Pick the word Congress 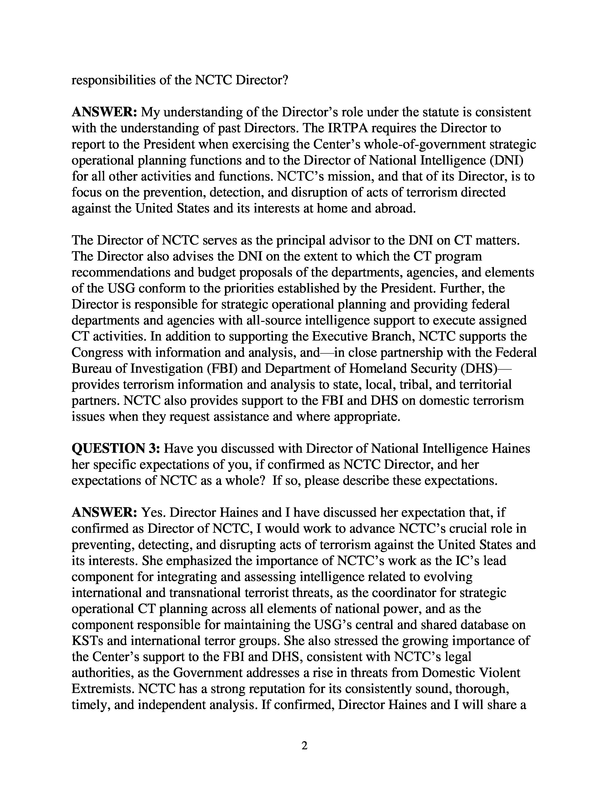click(x=97, y=352)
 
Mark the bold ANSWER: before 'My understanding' click(x=104, y=112)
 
